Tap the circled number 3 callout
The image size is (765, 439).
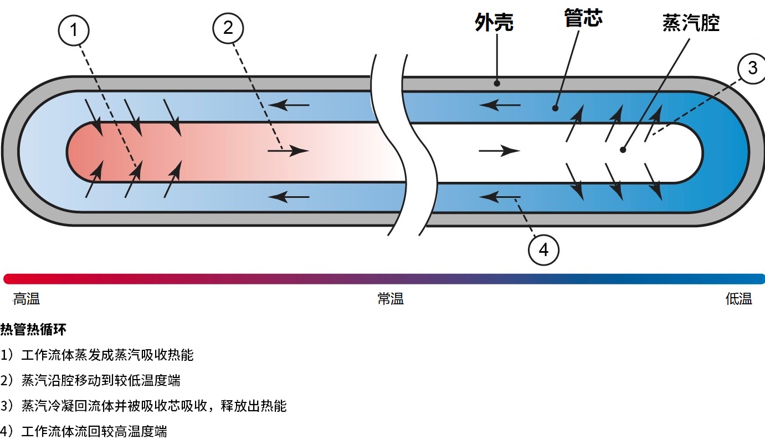(752, 69)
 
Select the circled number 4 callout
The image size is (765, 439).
(543, 250)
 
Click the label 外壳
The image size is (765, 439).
(494, 23)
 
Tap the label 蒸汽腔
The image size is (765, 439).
(691, 23)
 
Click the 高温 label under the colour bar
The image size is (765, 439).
(27, 299)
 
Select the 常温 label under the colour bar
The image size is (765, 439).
(391, 299)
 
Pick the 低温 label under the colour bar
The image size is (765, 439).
(738, 299)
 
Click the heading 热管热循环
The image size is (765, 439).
(33, 330)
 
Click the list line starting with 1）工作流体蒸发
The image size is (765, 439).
(97, 355)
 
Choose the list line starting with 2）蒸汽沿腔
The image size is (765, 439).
(91, 380)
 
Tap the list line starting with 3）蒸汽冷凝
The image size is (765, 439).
(144, 406)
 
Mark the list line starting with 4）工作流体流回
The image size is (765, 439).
(84, 431)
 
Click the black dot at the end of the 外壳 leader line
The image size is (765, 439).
(497, 84)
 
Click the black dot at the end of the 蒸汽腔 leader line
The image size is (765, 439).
(623, 150)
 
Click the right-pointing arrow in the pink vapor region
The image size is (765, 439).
(288, 150)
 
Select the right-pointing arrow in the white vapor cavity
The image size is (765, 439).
(500, 150)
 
